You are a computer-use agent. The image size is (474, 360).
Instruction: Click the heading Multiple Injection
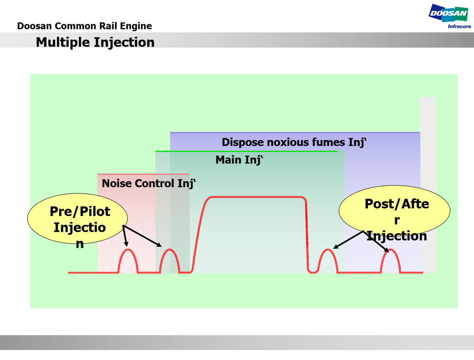coord(95,42)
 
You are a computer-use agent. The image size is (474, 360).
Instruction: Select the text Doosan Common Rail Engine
coord(84,26)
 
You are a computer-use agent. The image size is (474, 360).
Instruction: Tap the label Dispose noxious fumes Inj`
coord(294,142)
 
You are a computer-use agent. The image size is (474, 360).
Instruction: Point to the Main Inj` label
coord(239,160)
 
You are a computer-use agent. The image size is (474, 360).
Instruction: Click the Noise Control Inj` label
coord(149,183)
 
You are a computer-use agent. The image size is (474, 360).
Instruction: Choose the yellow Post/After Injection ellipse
coord(394,211)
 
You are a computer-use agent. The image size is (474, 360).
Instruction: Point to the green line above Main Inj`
coord(246,152)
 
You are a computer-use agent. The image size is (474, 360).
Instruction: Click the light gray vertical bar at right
coord(428,185)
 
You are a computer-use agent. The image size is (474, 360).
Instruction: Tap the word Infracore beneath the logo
coord(459,27)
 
